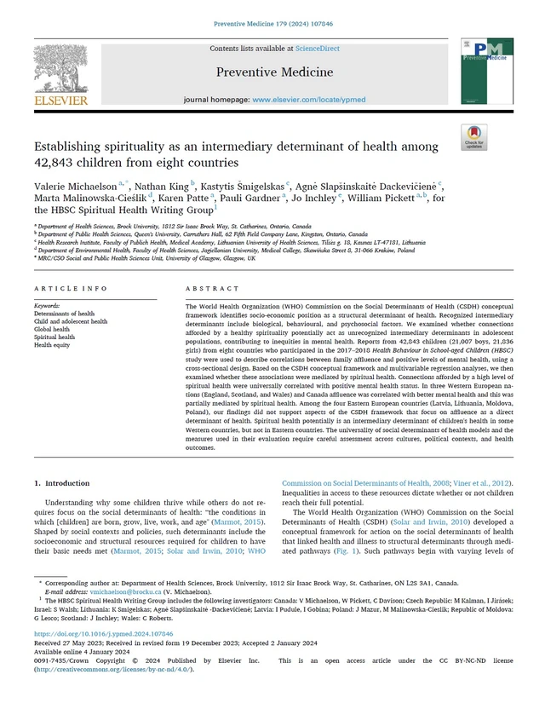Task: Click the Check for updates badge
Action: (473, 137)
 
